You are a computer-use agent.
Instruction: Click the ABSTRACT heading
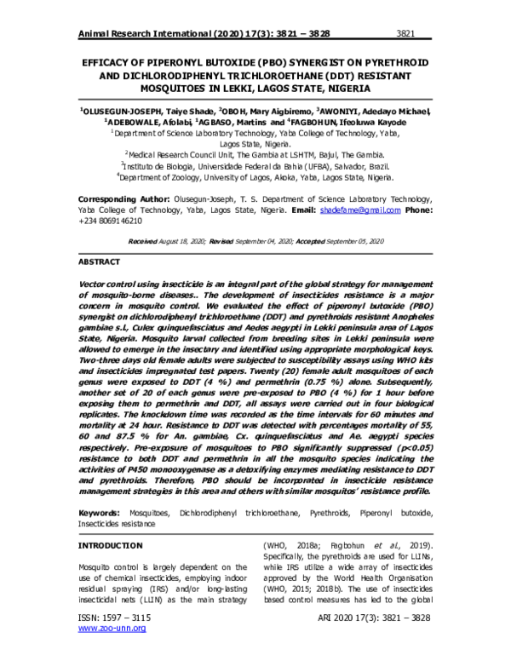pyautogui.click(x=99, y=262)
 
